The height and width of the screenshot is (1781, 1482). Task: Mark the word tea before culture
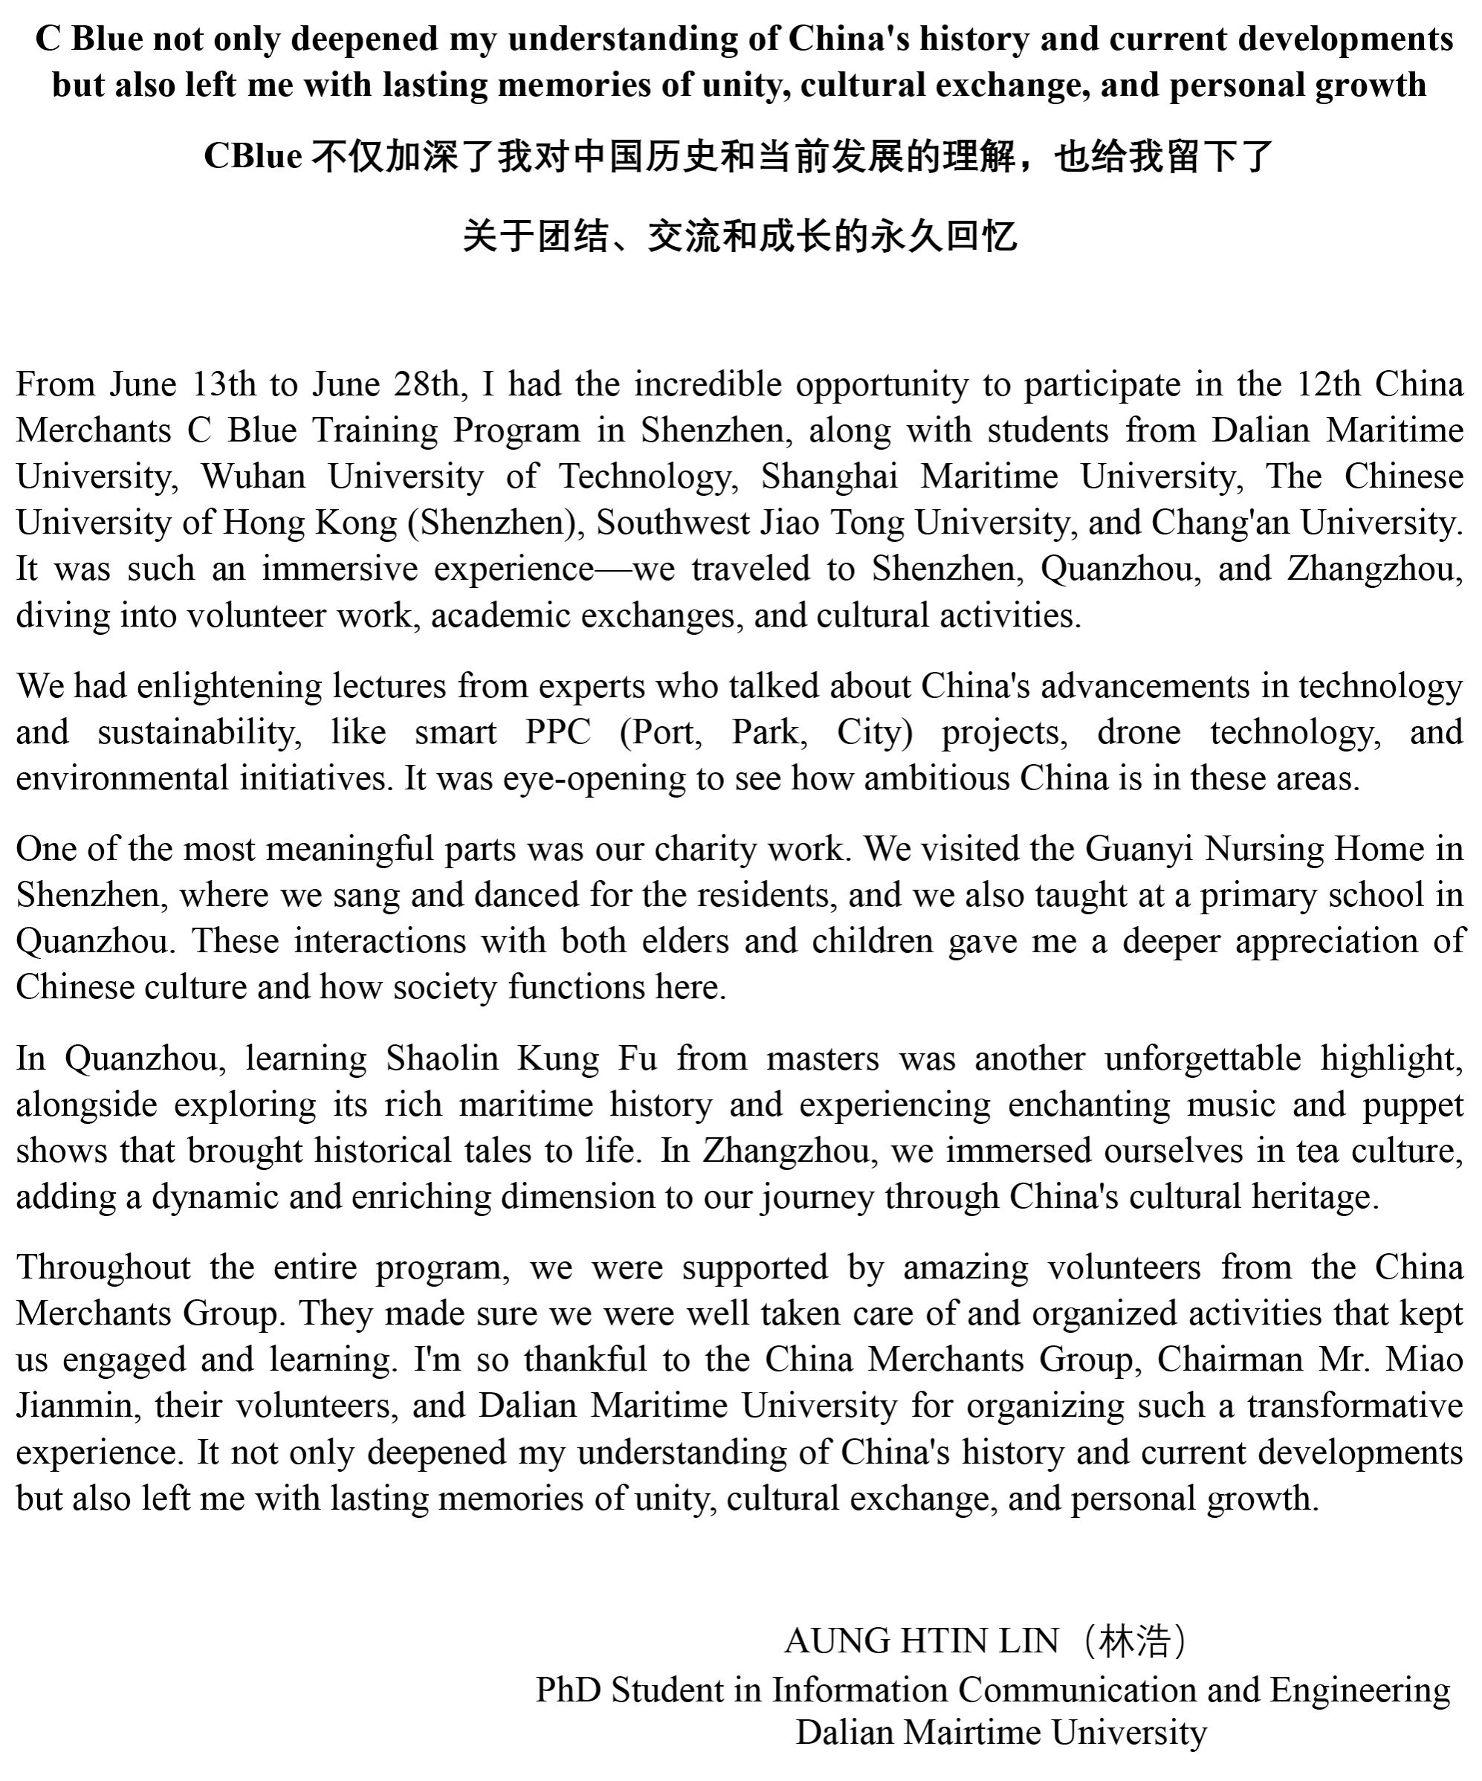pyautogui.click(x=1315, y=1151)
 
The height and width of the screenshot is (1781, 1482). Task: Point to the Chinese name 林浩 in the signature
pyautogui.click(x=1134, y=1642)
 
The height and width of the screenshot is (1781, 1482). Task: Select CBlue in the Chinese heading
pyautogui.click(x=253, y=156)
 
